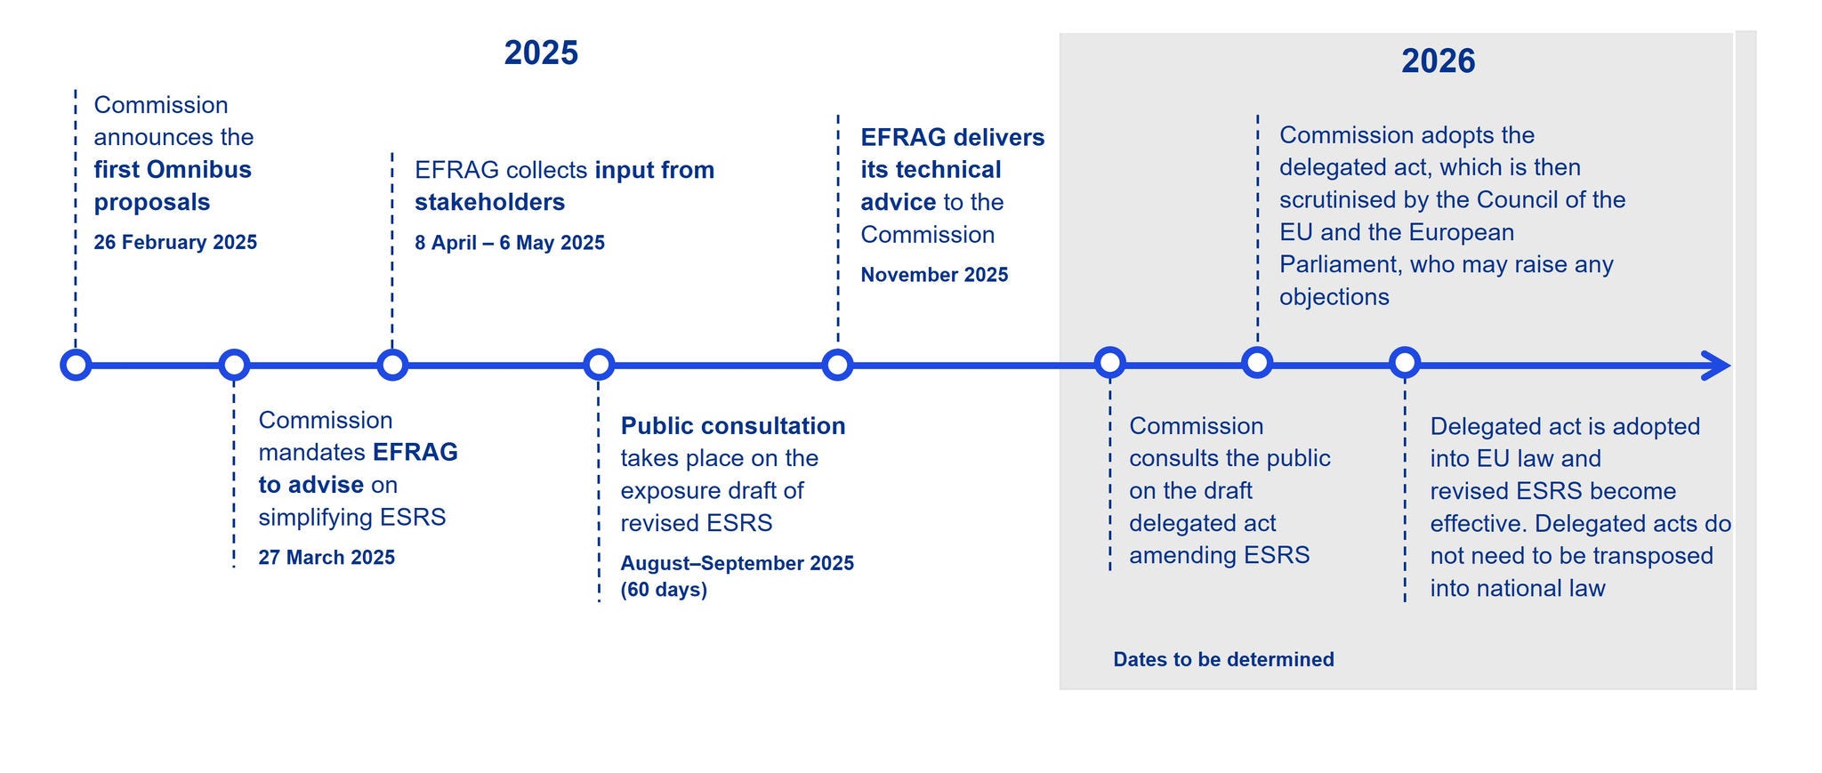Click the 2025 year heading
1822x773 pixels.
pos(541,52)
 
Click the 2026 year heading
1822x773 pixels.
pos(1438,60)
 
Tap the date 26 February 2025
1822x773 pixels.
pos(175,242)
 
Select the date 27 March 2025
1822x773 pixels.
pos(327,557)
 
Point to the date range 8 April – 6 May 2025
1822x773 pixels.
pos(510,243)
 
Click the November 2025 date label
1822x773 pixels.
pos(934,275)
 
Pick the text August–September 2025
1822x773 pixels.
pos(738,563)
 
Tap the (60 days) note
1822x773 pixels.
pos(664,590)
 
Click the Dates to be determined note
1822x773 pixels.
pos(1223,659)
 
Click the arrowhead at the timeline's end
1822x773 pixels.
pos(1717,366)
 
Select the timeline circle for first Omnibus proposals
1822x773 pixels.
pos(76,365)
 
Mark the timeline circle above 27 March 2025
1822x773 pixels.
pos(234,365)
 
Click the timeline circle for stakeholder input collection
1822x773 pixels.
pos(392,365)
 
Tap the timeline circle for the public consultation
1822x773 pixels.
pos(599,365)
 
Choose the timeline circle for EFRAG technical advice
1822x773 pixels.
pos(837,365)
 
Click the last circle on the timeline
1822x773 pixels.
pos(1405,363)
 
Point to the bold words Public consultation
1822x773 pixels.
pos(733,426)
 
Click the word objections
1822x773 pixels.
pos(1334,297)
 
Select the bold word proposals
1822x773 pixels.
pos(152,203)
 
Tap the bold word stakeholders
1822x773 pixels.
pos(489,202)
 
